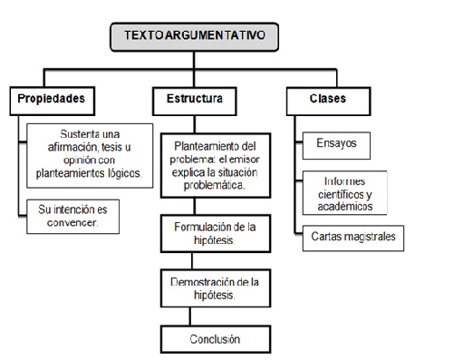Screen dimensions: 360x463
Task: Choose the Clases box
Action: pos(329,97)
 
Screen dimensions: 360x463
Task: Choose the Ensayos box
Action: pos(337,142)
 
